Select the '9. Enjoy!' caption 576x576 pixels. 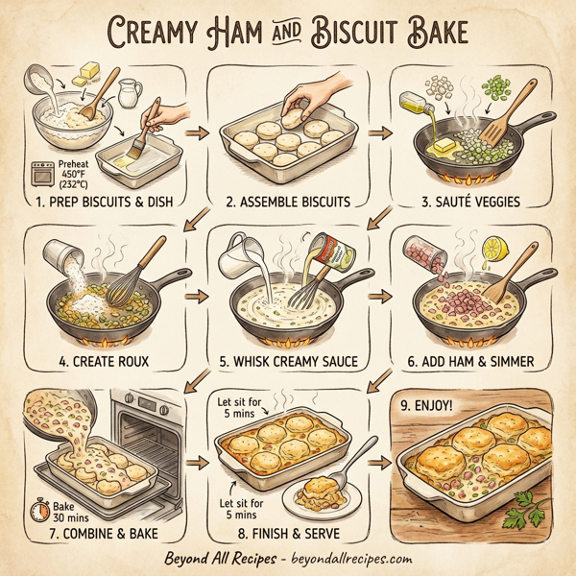tap(434, 406)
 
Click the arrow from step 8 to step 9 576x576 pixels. tap(375, 463)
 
